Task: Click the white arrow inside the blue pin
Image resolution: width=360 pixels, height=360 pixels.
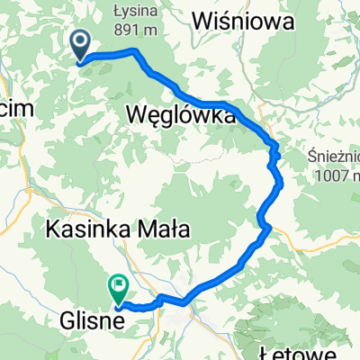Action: (x=79, y=40)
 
